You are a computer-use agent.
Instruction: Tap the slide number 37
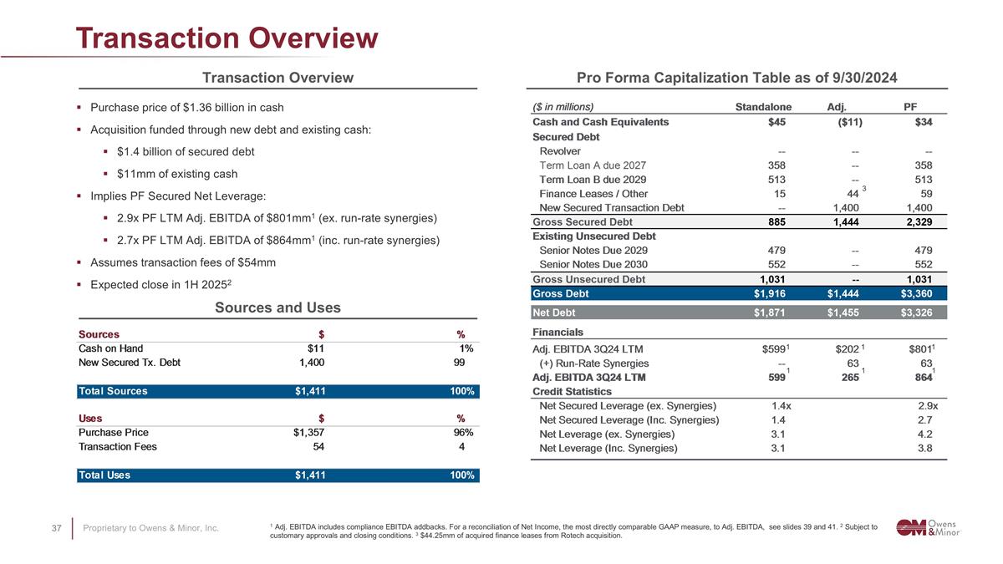pyautogui.click(x=57, y=528)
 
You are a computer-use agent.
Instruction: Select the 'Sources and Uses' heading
pyautogui.click(x=277, y=307)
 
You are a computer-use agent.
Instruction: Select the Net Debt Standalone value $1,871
pyautogui.click(x=769, y=312)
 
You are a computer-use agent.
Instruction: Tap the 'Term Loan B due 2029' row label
pyautogui.click(x=593, y=179)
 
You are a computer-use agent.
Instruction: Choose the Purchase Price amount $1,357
pyautogui.click(x=303, y=432)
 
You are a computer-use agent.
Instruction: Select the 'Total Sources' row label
pyautogui.click(x=112, y=391)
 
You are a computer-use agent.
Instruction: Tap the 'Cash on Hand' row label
pyautogui.click(x=110, y=348)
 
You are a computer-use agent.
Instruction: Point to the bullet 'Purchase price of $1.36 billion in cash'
pyautogui.click(x=186, y=108)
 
